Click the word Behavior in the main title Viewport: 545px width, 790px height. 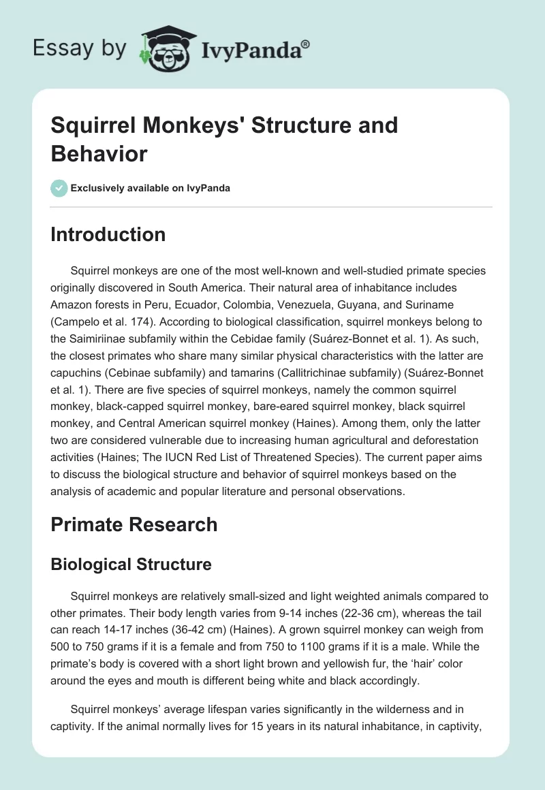pos(99,154)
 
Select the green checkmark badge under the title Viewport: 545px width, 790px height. pos(59,188)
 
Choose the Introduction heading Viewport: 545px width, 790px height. pos(108,234)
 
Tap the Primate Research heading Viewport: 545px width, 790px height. pos(134,524)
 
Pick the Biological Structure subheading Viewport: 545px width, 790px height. pos(131,564)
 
